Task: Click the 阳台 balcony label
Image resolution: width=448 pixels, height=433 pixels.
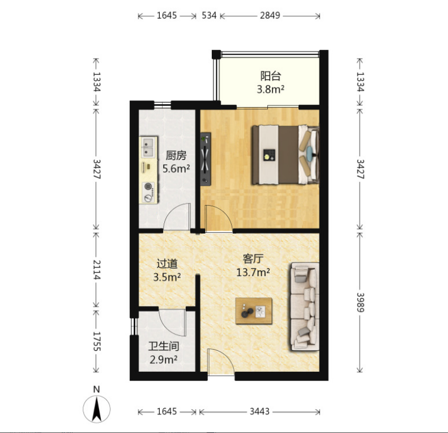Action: (271, 76)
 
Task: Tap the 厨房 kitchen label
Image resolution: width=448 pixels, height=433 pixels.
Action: (176, 155)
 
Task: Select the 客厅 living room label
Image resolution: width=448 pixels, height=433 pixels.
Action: (253, 258)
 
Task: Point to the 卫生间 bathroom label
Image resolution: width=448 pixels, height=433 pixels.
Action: (164, 346)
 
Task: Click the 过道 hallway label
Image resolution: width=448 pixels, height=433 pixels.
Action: (167, 264)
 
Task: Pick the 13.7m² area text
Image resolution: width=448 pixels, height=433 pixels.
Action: (253, 272)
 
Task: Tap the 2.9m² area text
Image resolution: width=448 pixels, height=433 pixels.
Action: (164, 359)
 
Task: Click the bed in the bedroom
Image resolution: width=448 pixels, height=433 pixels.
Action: (285, 155)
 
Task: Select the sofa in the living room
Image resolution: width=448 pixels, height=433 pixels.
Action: (305, 307)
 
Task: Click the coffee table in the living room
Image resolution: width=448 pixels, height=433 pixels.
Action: (254, 311)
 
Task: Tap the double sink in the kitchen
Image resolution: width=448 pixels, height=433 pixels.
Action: (148, 147)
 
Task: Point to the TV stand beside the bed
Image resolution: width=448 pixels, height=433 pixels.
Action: (206, 159)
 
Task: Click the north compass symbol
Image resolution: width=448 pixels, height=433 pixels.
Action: (97, 409)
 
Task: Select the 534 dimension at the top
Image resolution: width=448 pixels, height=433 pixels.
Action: (209, 15)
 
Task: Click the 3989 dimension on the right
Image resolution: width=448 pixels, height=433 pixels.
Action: (360, 302)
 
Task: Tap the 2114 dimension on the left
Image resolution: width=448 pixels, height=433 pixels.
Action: (96, 269)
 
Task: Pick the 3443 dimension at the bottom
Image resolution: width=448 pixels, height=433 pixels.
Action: (259, 411)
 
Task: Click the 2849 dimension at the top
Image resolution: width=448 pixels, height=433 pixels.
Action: (270, 15)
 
